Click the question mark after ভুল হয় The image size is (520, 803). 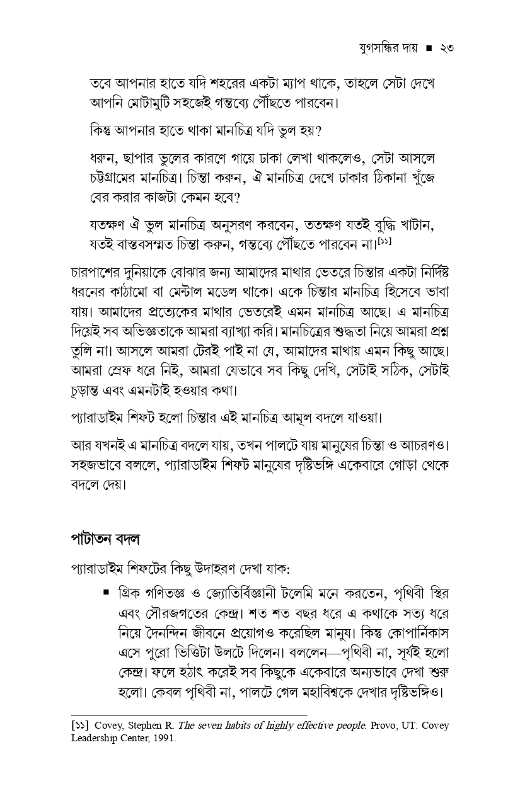[318, 132]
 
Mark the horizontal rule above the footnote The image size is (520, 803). [189, 715]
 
